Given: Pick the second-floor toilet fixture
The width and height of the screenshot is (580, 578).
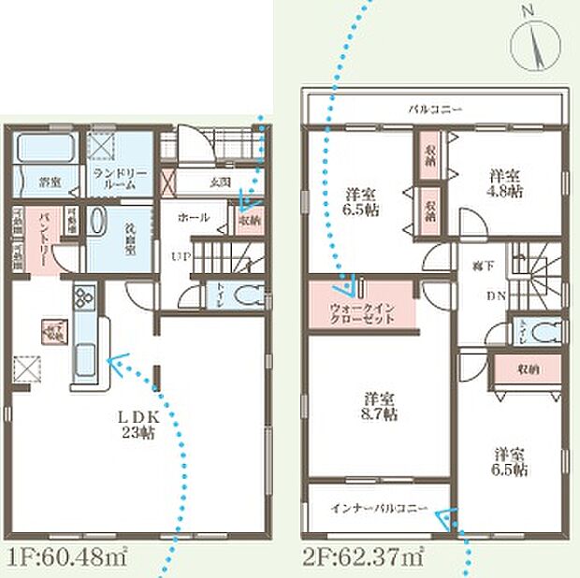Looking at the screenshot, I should tap(550, 331).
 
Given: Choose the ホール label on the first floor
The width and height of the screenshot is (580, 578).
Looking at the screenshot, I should tap(192, 217).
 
